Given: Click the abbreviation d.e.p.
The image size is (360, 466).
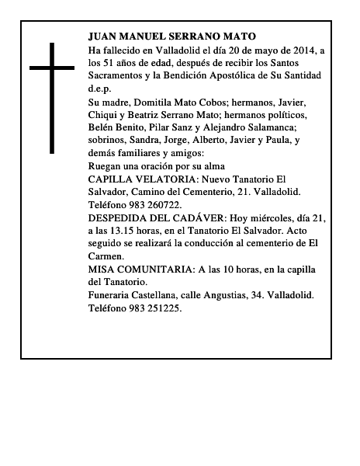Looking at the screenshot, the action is click(x=100, y=89).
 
